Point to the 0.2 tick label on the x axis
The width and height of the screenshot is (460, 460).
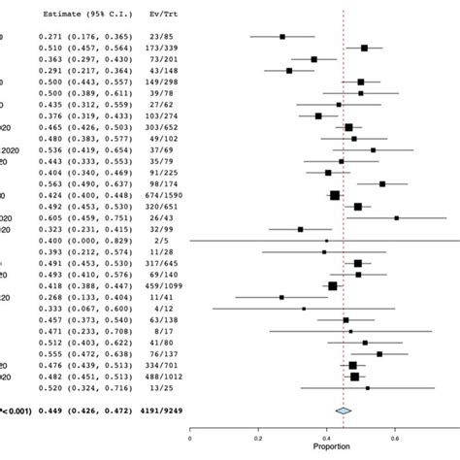point(257,438)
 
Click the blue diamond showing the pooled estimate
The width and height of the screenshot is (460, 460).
point(342,411)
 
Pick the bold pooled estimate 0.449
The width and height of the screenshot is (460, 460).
point(49,411)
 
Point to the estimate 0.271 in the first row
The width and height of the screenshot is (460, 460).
point(49,36)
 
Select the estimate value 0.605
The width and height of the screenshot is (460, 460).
point(49,217)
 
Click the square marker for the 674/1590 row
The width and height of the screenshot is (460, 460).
point(335,194)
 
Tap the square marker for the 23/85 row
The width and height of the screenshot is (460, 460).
point(282,36)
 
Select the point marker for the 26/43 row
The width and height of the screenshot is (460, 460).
point(396,217)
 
